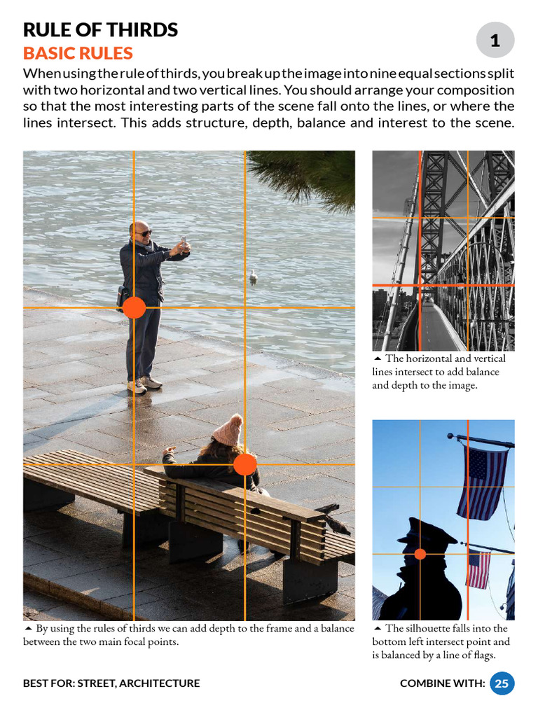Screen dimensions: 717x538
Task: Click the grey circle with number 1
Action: (x=495, y=40)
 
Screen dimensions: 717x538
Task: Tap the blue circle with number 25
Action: (x=502, y=683)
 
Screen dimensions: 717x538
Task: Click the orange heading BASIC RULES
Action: (x=78, y=53)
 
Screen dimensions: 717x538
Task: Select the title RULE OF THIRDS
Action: (x=100, y=30)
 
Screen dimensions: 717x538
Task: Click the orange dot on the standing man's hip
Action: (x=134, y=307)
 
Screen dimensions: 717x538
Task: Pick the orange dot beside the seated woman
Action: (x=244, y=464)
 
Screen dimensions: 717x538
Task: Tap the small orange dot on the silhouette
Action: (x=420, y=554)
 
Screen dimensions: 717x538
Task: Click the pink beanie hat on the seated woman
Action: (x=228, y=430)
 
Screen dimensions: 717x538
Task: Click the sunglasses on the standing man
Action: (x=143, y=232)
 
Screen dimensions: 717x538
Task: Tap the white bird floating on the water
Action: (x=253, y=277)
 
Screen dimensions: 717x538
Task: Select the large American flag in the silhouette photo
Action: (x=482, y=482)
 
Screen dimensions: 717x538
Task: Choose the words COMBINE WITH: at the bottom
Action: (x=442, y=683)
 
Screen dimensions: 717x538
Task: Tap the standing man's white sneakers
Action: (x=144, y=384)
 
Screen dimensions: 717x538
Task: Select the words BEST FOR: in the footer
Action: (x=48, y=683)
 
